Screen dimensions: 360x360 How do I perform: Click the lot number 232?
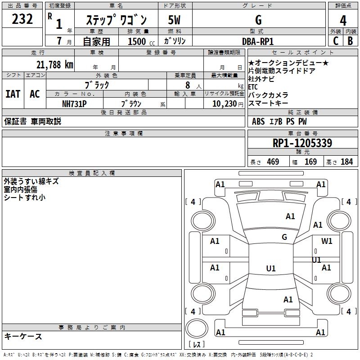pos(22,19)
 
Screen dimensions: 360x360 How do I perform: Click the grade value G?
pos(258,20)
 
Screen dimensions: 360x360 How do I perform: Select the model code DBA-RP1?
pos(258,41)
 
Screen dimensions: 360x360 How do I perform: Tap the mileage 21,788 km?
pos(54,65)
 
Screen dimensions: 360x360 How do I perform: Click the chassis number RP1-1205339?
pos(303,143)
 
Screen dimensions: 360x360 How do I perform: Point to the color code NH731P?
pos(74,103)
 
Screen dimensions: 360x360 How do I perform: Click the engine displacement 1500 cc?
pos(138,41)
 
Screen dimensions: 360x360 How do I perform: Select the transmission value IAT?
pos(13,94)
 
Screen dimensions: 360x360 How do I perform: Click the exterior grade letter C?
pos(336,41)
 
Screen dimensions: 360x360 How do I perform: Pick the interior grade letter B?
pos(350,41)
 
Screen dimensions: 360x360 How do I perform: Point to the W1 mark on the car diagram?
pos(327,241)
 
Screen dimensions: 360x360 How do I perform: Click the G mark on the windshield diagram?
pos(284,237)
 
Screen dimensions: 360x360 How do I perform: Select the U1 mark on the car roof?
pos(270,269)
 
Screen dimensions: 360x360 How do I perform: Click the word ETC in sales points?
pos(253,87)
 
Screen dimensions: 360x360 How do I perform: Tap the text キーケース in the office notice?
pos(23,337)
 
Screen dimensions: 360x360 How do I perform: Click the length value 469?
pos(273,162)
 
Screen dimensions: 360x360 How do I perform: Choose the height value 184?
pos(346,162)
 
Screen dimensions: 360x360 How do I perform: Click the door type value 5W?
pos(175,20)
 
